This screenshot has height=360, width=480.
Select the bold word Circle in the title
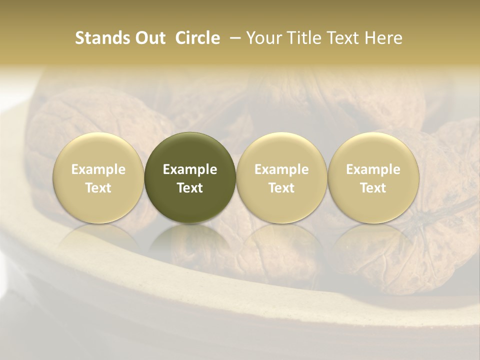pos(197,38)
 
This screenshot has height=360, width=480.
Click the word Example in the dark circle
pos(190,169)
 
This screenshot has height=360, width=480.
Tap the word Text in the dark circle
pos(190,188)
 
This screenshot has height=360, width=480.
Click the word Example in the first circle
pos(98,169)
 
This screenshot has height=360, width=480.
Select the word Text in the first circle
pos(98,188)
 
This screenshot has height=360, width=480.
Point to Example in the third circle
pos(281,169)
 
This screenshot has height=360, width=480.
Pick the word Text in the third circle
pos(281,188)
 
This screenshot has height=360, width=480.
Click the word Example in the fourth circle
pos(373,169)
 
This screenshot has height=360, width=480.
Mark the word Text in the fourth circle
pos(373,188)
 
